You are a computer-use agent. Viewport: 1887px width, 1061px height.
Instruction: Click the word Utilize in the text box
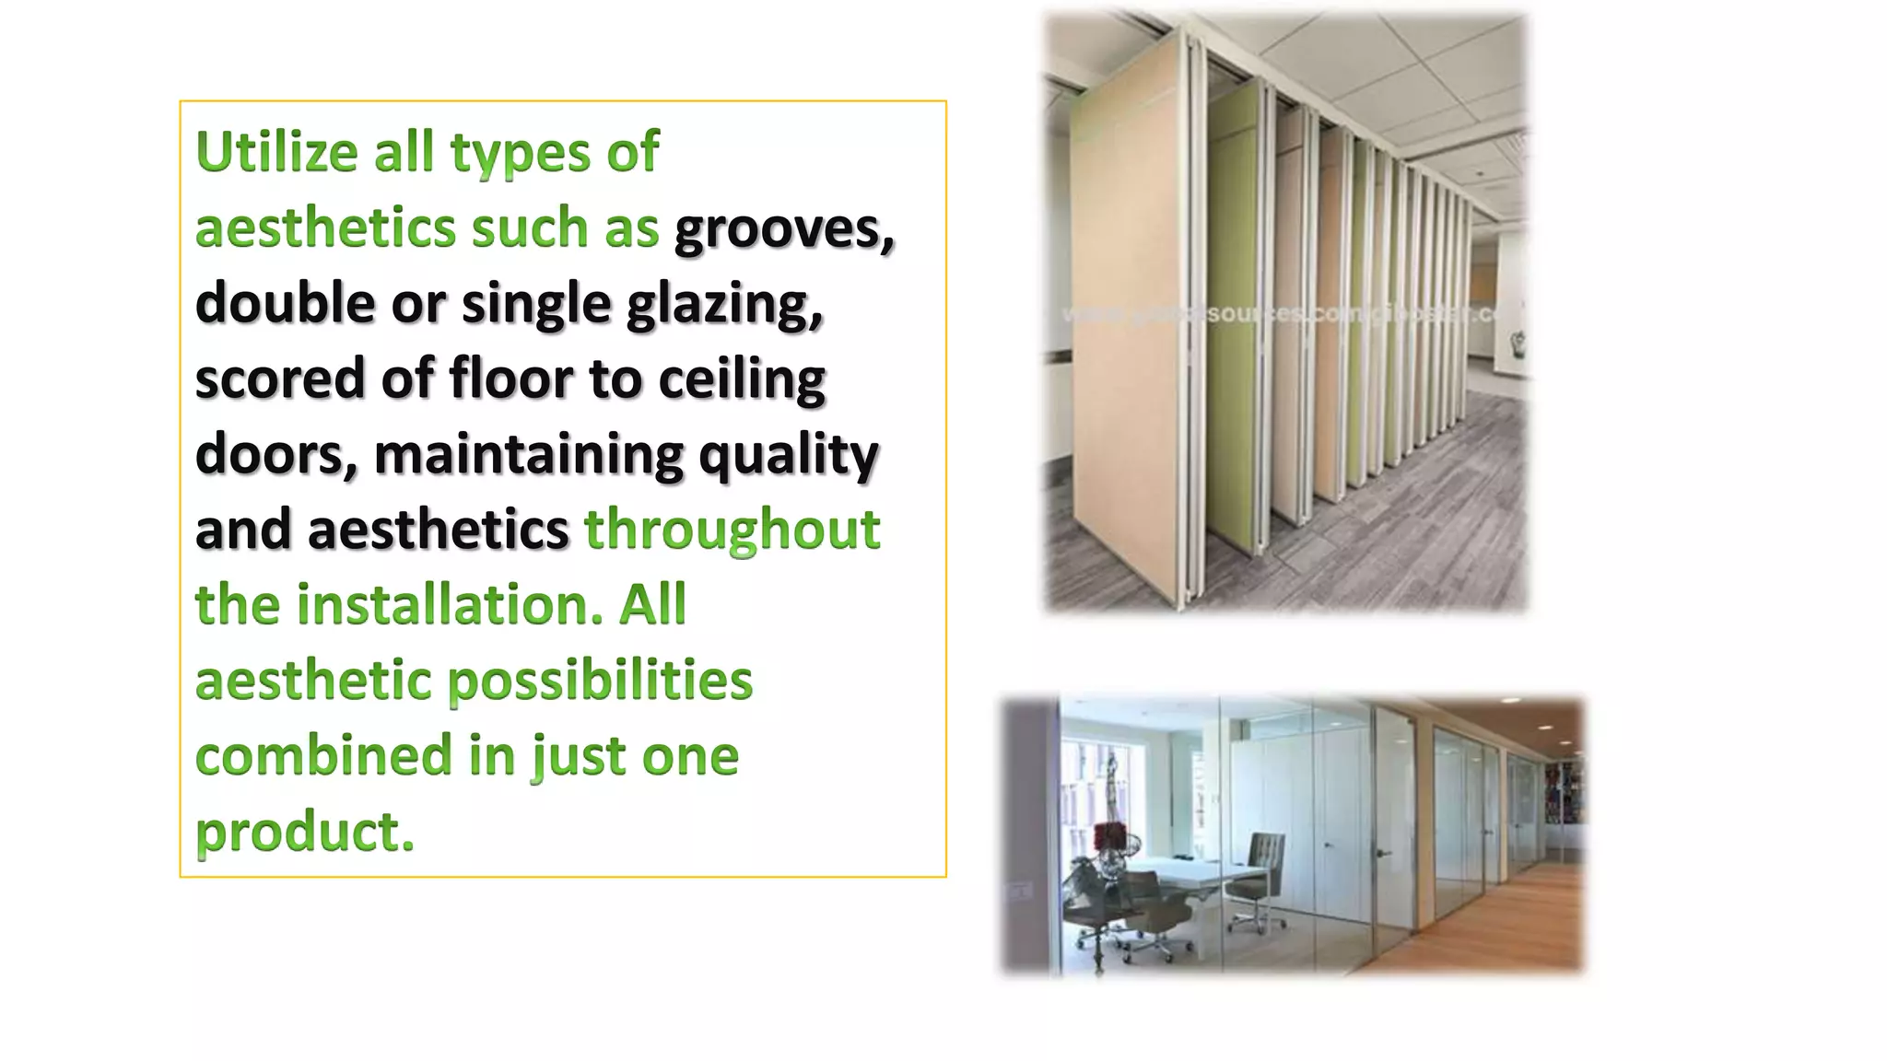click(276, 152)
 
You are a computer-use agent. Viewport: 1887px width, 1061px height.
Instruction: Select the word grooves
click(783, 228)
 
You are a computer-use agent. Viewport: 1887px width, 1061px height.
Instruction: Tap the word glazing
click(724, 304)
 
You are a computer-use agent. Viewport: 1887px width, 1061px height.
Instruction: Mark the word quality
click(788, 455)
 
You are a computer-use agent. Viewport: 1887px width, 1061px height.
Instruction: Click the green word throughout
click(733, 530)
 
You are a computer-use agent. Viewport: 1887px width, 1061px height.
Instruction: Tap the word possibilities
click(600, 682)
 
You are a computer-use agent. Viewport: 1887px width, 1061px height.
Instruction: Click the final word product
click(304, 832)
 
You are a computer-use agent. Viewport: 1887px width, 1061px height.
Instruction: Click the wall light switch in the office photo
click(1019, 891)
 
